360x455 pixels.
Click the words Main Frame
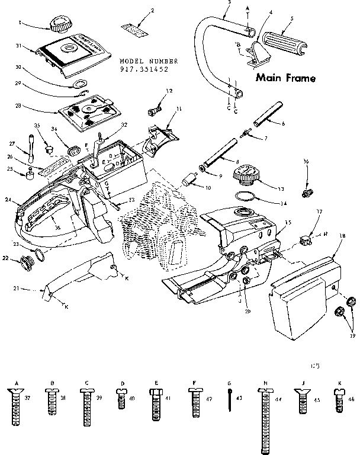(285, 78)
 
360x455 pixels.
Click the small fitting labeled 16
(307, 193)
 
